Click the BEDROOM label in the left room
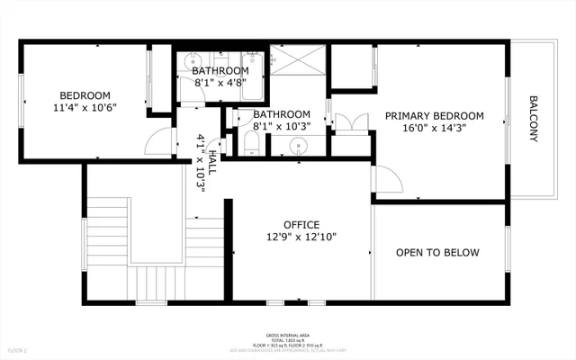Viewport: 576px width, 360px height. coord(85,95)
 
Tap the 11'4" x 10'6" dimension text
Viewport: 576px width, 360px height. coord(85,108)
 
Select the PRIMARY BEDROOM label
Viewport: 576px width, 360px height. coord(435,116)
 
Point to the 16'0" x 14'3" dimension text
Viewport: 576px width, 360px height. coord(435,129)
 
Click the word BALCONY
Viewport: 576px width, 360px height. coord(533,119)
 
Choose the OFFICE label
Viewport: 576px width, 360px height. coord(301,224)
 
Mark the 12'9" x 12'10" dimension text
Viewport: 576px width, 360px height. coord(301,237)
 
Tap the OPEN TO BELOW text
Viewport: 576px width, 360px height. coord(437,253)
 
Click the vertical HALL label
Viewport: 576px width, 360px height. coord(212,162)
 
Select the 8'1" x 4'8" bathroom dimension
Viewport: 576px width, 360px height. coord(220,84)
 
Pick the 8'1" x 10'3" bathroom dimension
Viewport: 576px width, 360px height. coord(282,127)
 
